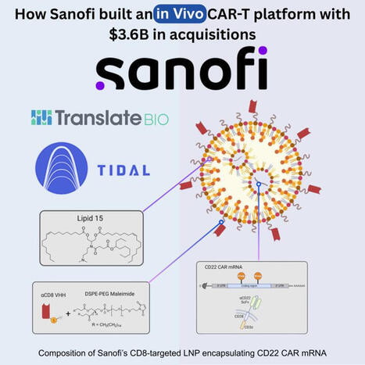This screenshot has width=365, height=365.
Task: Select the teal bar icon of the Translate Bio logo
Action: tap(41, 117)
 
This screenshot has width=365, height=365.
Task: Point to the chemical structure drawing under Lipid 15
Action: tap(91, 249)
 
